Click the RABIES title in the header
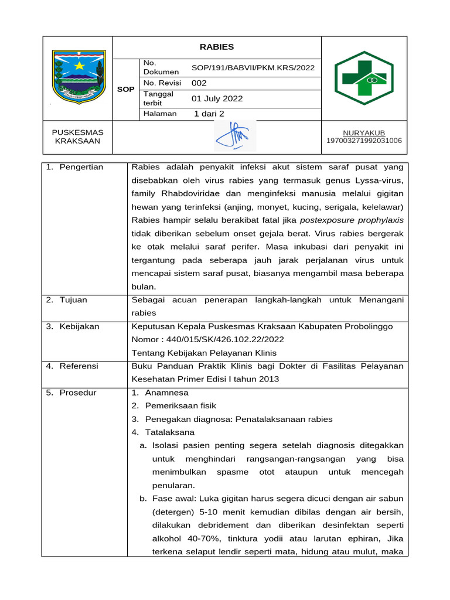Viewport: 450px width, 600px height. point(216,47)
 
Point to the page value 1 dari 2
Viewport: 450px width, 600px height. point(209,114)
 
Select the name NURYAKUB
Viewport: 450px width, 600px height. point(364,133)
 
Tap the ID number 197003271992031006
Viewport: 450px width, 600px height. point(364,141)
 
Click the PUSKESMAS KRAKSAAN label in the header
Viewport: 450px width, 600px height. point(77,137)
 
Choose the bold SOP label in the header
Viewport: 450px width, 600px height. point(126,90)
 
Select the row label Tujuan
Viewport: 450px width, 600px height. point(73,300)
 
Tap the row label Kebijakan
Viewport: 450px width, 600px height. point(79,326)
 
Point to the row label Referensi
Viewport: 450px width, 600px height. point(79,366)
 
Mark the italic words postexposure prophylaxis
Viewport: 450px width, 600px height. point(352,220)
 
